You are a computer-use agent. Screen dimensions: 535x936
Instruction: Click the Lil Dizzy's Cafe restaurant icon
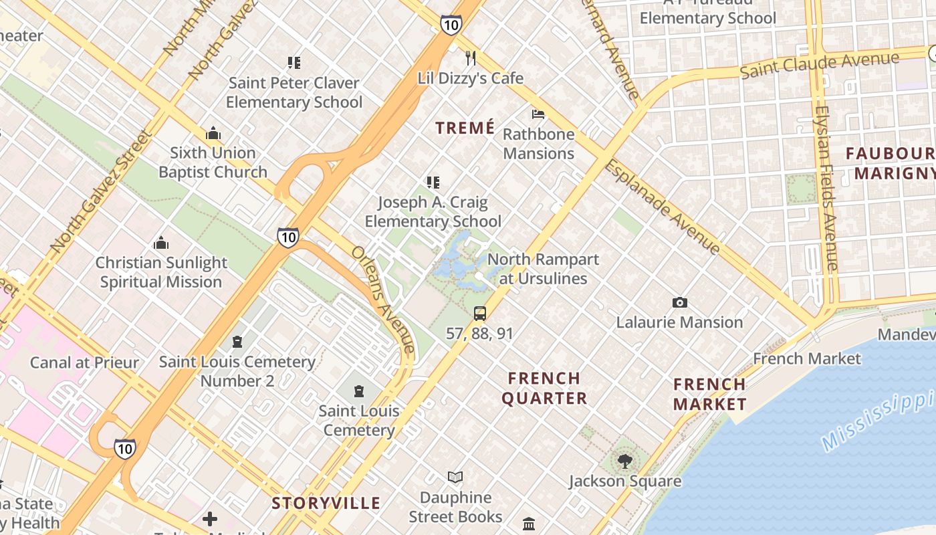[x=471, y=58]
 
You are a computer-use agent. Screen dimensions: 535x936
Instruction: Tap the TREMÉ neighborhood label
[x=465, y=128]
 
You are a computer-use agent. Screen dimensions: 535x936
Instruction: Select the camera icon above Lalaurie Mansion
[x=680, y=303]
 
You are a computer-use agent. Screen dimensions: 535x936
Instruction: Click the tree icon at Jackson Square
[x=624, y=461]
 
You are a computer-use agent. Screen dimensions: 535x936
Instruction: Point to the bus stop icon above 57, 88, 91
[x=480, y=313]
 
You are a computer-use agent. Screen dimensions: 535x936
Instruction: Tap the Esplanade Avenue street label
[x=663, y=207]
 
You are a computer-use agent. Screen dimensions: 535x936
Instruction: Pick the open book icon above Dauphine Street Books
[x=455, y=477]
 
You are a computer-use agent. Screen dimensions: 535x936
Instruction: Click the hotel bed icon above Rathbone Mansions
[x=538, y=114]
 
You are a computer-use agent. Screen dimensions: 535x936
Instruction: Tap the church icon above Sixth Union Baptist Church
[x=213, y=134]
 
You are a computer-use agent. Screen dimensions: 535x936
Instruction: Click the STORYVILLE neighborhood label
[x=326, y=504]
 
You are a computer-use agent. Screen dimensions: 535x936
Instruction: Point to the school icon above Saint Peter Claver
[x=294, y=63]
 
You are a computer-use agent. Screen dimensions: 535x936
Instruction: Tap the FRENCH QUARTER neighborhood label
[x=544, y=389]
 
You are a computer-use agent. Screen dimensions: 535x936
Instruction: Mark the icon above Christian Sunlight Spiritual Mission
[x=161, y=243]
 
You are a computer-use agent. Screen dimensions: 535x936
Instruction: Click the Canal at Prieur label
[x=84, y=363]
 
